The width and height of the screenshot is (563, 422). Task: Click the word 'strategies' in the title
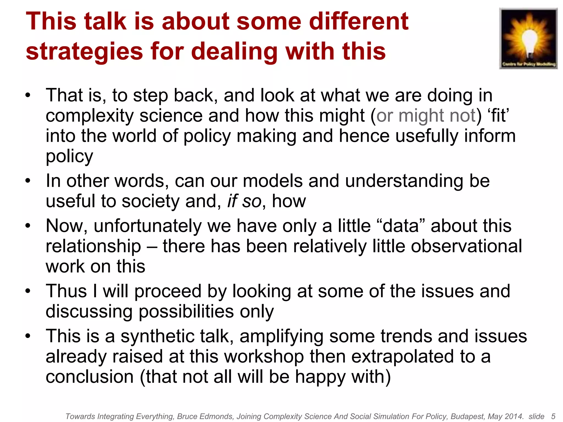point(84,51)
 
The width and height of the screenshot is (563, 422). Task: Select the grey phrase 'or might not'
point(426,115)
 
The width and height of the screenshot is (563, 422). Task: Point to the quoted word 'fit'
point(498,115)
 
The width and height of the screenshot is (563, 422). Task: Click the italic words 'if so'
point(244,201)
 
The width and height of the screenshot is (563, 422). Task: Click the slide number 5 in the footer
point(553,416)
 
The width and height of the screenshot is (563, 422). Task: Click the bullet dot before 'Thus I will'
point(28,291)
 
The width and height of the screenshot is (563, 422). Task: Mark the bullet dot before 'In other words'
point(28,181)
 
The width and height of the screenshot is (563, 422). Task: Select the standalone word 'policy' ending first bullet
point(69,156)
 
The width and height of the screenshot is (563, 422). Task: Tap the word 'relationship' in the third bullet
point(93,246)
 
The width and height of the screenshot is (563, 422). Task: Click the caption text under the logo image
point(529,64)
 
